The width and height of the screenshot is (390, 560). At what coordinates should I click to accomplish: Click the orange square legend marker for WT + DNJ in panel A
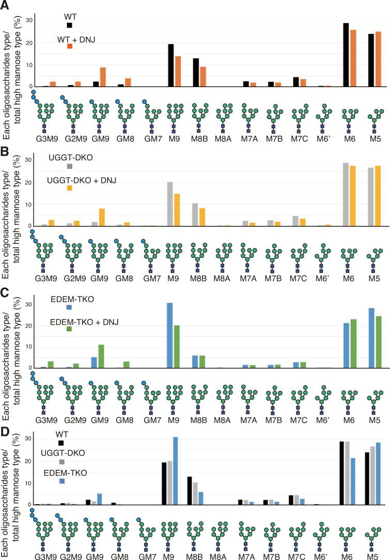tap(69, 46)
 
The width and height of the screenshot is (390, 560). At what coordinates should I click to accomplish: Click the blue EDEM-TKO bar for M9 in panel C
tap(170, 336)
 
